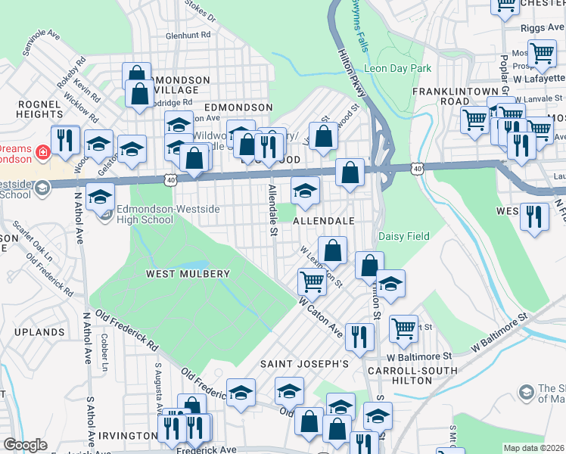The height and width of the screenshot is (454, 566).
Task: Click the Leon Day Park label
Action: click(397, 68)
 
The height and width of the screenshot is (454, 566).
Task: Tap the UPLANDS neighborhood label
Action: click(38, 332)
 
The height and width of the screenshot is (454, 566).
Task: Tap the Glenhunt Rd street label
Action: click(188, 35)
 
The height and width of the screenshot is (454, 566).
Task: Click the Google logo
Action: click(24, 445)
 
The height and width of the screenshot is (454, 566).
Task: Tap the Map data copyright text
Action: click(533, 448)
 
